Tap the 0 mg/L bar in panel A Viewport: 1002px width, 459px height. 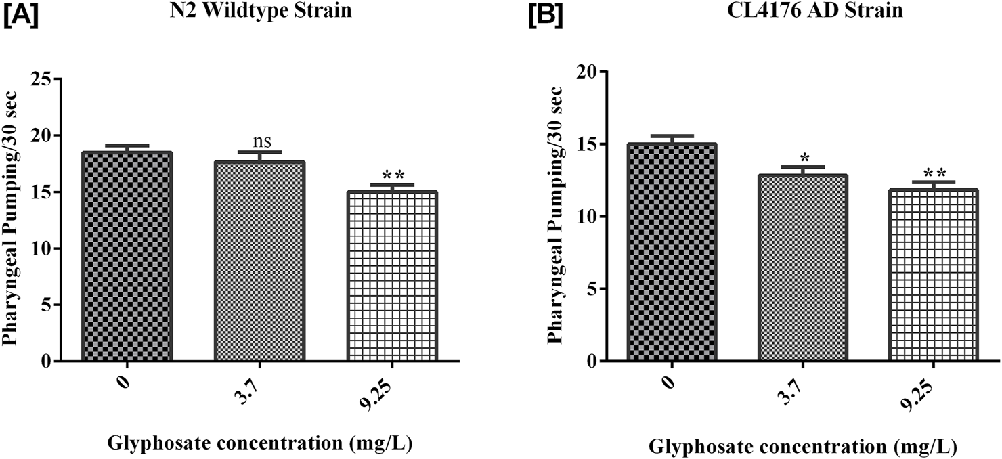coord(127,257)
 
